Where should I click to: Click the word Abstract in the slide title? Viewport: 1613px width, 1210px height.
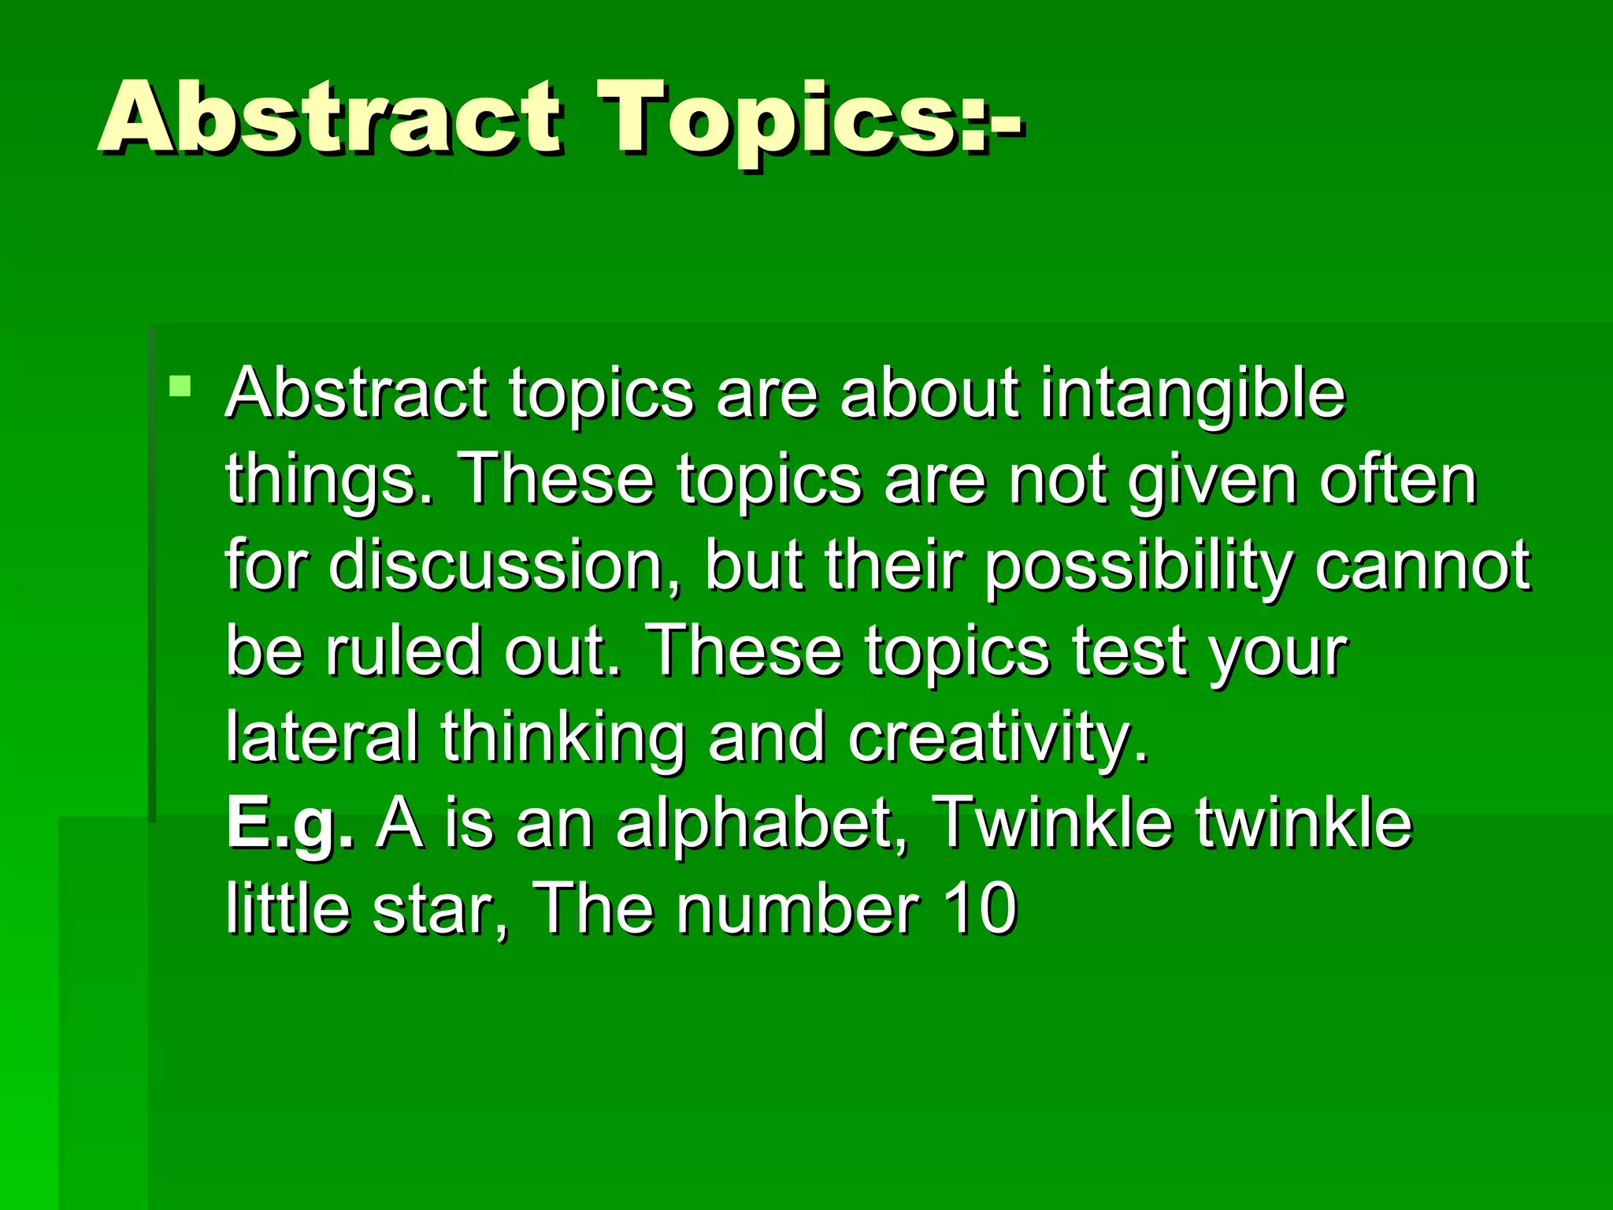coord(329,118)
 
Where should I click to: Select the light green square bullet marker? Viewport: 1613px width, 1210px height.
coord(180,386)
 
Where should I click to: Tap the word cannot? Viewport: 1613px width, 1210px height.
coord(1422,566)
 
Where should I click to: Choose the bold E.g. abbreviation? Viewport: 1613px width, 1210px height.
coord(290,824)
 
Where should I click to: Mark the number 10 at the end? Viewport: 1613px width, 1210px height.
coord(980,909)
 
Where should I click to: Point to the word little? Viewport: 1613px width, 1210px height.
coord(287,909)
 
